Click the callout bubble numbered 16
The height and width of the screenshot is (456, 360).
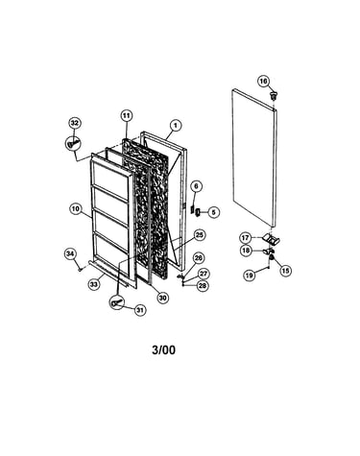(x=263, y=82)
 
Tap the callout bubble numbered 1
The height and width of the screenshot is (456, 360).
(x=175, y=126)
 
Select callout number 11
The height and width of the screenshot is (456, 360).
(x=127, y=115)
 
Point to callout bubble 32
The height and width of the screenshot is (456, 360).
(x=75, y=123)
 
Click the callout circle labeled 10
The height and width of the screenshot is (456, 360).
(x=76, y=209)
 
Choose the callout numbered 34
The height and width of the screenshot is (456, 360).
(x=70, y=253)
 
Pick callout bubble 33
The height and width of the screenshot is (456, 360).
(x=94, y=284)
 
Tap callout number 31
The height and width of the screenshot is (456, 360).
(x=140, y=310)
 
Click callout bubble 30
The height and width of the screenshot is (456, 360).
(x=162, y=298)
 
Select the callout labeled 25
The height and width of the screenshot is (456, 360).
(x=199, y=235)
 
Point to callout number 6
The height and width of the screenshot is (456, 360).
(x=197, y=186)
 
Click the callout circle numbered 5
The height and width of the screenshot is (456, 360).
(x=213, y=212)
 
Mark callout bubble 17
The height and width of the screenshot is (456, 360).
(x=246, y=238)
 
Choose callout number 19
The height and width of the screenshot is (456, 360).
(x=249, y=275)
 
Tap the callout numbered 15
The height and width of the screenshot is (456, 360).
(x=285, y=271)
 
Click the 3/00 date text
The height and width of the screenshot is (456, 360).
(x=163, y=349)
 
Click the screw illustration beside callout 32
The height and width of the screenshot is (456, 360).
(x=73, y=142)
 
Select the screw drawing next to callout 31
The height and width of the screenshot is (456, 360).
(x=117, y=301)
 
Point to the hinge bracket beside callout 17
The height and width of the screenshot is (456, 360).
(x=271, y=238)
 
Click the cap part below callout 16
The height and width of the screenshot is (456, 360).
(x=274, y=95)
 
